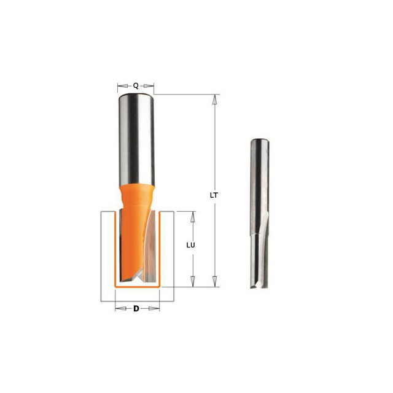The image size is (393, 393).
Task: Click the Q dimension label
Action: [x=136, y=86]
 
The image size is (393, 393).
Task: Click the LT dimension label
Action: [x=214, y=195]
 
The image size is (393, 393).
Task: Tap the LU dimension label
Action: [x=191, y=245]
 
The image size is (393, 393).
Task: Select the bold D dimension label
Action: [x=136, y=308]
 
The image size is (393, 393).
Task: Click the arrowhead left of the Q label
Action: [x=123, y=86]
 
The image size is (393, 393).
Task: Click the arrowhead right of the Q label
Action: [x=149, y=86]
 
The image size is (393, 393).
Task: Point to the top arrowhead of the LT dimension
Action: [x=214, y=99]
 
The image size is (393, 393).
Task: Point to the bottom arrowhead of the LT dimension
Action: [x=214, y=281]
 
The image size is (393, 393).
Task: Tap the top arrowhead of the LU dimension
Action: [x=193, y=217]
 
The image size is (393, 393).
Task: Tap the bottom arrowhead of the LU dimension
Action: [x=193, y=281]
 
